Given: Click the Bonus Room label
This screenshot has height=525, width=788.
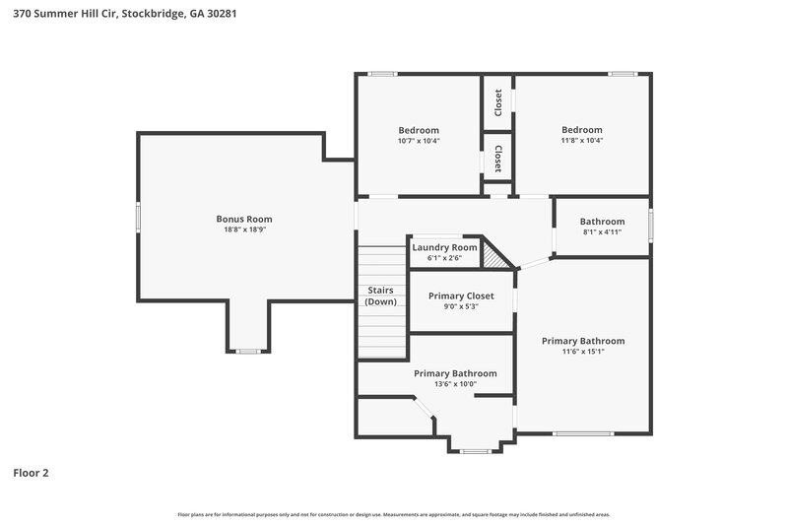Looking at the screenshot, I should [x=244, y=219].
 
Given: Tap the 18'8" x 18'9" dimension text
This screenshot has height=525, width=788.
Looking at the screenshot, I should [x=244, y=230].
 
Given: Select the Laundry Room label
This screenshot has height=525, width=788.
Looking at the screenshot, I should [x=444, y=247].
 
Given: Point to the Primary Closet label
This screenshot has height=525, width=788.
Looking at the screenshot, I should [x=460, y=295].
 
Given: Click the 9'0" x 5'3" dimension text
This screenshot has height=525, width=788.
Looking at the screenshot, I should [x=460, y=306].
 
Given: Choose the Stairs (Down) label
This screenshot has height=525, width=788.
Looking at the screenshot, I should [x=381, y=295].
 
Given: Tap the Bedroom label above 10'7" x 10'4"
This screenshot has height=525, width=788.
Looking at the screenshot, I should [x=419, y=130].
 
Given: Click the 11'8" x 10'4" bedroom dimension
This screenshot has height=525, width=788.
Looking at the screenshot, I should [x=581, y=141].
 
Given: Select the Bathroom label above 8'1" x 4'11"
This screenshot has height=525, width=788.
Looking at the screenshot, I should [x=602, y=222].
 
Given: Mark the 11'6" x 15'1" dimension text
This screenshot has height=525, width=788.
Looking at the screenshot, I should [x=582, y=352].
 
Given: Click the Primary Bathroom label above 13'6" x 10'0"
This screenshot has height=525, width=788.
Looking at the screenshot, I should [x=455, y=373].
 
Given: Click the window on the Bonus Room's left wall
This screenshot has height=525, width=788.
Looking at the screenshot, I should [x=138, y=218].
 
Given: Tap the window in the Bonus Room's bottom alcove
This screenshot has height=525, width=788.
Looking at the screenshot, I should [x=247, y=351].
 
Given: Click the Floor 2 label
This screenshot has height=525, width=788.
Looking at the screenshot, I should [x=31, y=473].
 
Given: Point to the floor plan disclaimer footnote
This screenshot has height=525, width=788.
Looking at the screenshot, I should [x=394, y=514].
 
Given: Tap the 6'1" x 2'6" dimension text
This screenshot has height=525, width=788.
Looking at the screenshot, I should [x=444, y=258].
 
